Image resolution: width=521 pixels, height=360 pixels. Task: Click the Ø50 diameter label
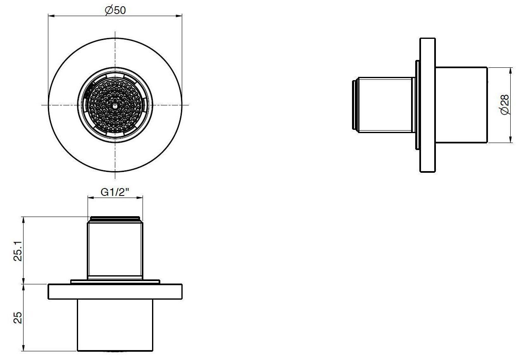pyautogui.click(x=115, y=10)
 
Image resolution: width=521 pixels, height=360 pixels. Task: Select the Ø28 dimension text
pyautogui.click(x=505, y=105)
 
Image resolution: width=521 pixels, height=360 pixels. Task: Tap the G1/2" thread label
pyautogui.click(x=115, y=192)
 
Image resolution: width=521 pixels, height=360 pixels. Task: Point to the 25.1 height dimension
pyautogui.click(x=18, y=250)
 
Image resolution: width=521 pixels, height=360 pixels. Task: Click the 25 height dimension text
pyautogui.click(x=18, y=317)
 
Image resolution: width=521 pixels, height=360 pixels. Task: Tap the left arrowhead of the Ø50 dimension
pyautogui.click(x=51, y=16)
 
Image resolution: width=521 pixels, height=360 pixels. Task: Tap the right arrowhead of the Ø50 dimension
pyautogui.click(x=179, y=16)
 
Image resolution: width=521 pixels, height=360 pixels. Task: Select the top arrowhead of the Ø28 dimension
pyautogui.click(x=511, y=71)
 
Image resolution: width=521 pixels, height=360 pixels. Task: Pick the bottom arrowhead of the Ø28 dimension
pyautogui.click(x=511, y=139)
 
